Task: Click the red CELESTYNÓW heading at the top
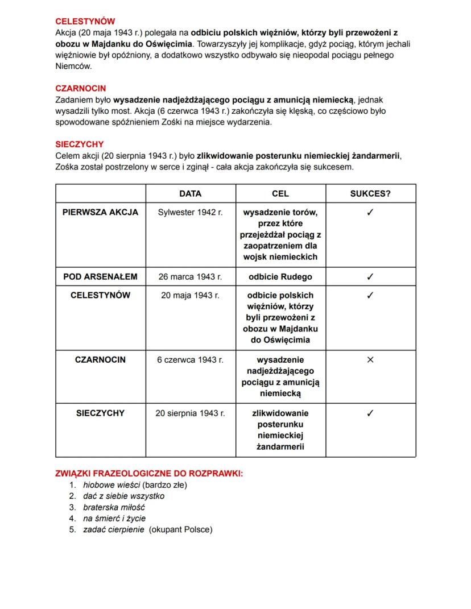click(85, 21)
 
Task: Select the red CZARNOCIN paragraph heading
click(80, 89)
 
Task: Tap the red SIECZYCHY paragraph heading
click(79, 144)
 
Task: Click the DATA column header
click(190, 193)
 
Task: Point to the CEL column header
click(280, 193)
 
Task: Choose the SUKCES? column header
click(370, 193)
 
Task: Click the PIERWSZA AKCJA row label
click(100, 212)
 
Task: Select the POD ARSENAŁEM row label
click(100, 277)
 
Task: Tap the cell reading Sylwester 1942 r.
click(190, 212)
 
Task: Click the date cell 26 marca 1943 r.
click(190, 277)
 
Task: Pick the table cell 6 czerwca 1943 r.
click(190, 360)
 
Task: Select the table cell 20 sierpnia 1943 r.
click(190, 413)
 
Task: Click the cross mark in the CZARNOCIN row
click(370, 360)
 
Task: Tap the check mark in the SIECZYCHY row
click(370, 413)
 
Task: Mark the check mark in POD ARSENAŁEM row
click(370, 277)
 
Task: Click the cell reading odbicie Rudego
click(280, 277)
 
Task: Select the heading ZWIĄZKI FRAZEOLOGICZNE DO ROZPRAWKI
click(149, 473)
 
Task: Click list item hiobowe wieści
click(111, 485)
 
